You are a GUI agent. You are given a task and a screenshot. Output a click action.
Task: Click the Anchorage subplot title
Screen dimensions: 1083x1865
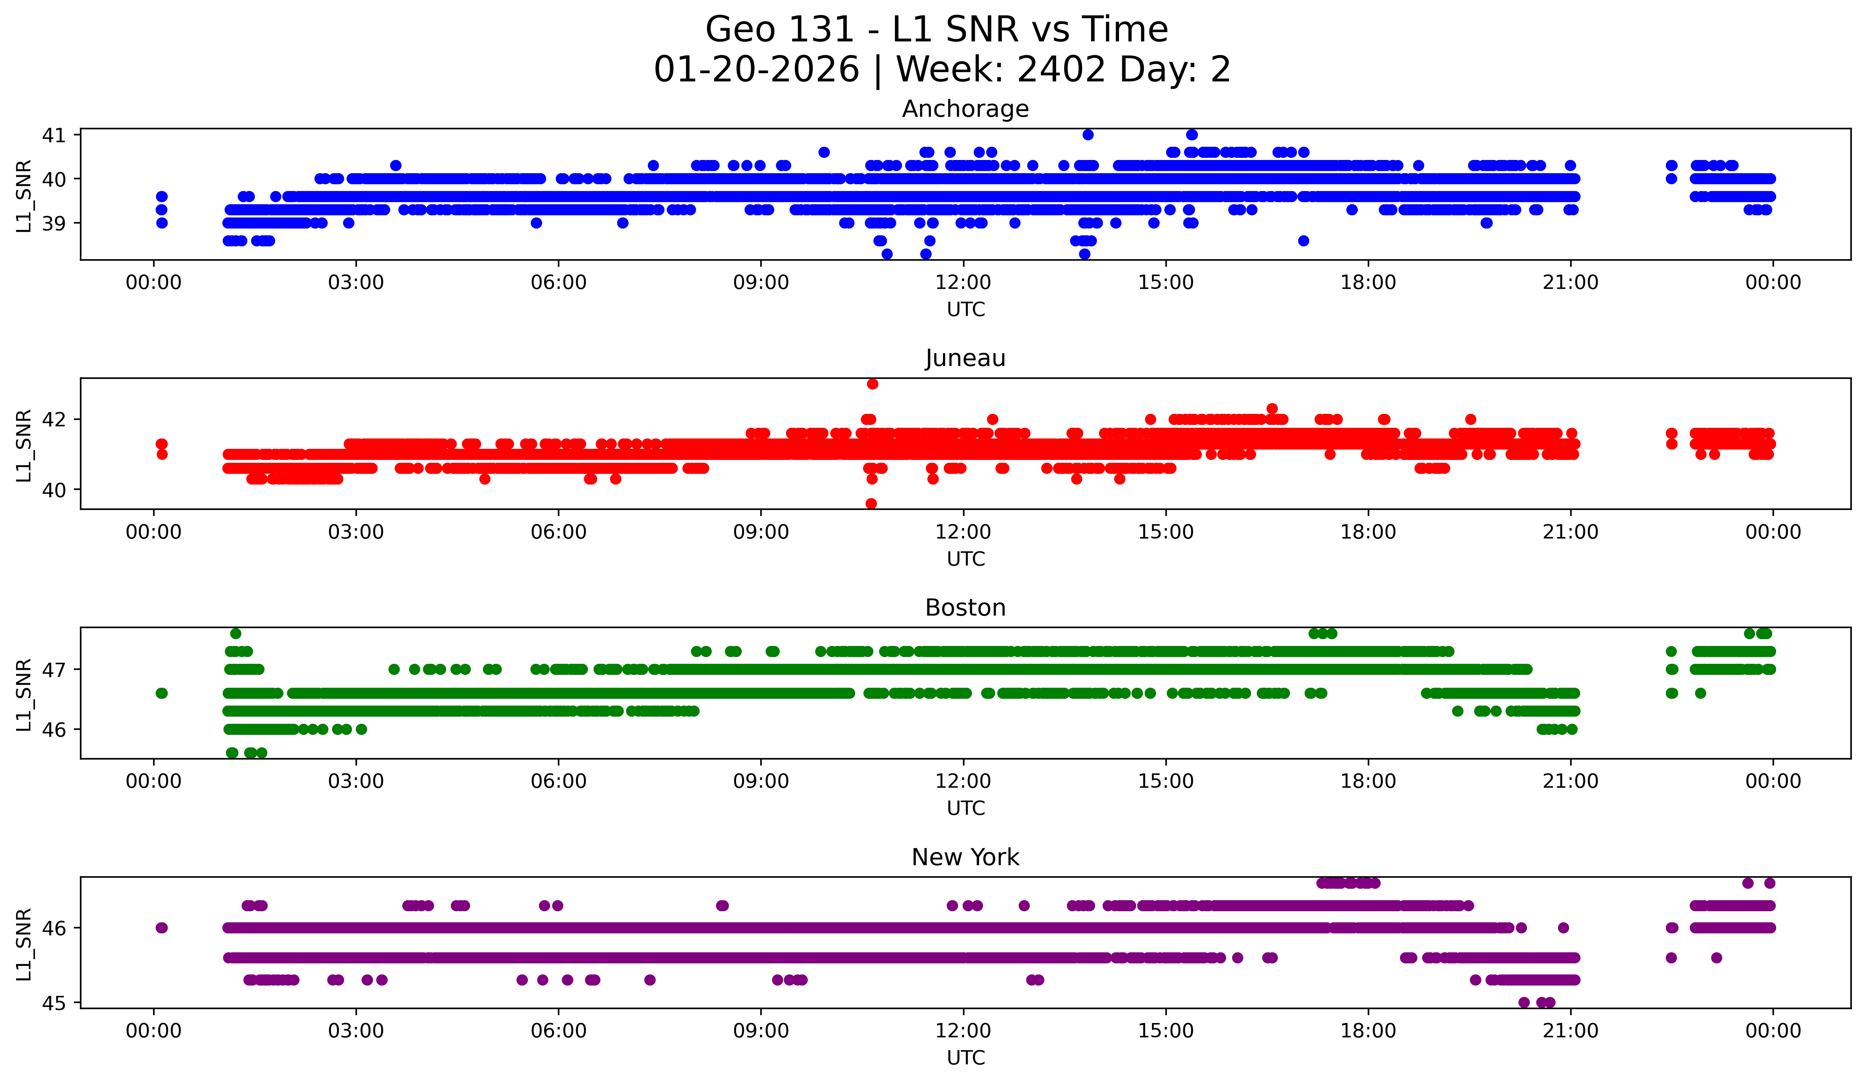(x=965, y=109)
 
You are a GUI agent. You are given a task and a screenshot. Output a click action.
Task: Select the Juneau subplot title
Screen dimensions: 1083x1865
(x=965, y=358)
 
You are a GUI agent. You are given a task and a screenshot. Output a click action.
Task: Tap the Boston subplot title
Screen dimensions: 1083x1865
(x=965, y=608)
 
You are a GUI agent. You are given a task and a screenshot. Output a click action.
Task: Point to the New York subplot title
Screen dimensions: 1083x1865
(x=965, y=857)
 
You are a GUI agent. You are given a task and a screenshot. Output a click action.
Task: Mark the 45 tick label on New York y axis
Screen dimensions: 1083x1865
(x=53, y=1003)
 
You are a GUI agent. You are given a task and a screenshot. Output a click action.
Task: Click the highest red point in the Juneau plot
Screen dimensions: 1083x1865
(x=873, y=383)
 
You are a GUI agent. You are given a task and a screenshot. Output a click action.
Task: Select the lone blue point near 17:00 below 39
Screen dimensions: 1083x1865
(x=1303, y=241)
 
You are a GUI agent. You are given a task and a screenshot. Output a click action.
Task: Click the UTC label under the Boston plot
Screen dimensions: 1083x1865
(x=965, y=808)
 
